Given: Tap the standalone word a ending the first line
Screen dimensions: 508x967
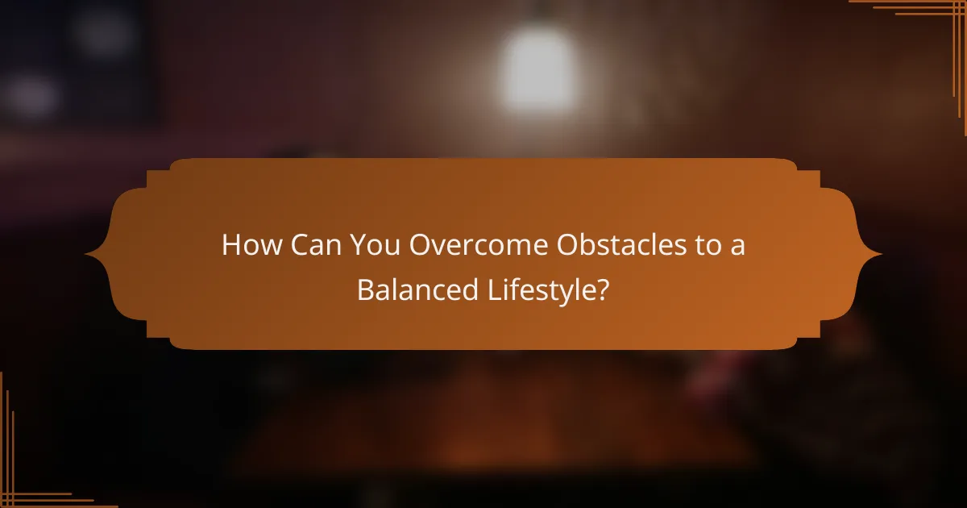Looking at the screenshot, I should [x=737, y=247].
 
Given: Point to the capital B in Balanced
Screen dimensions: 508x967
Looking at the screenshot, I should [x=364, y=290].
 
